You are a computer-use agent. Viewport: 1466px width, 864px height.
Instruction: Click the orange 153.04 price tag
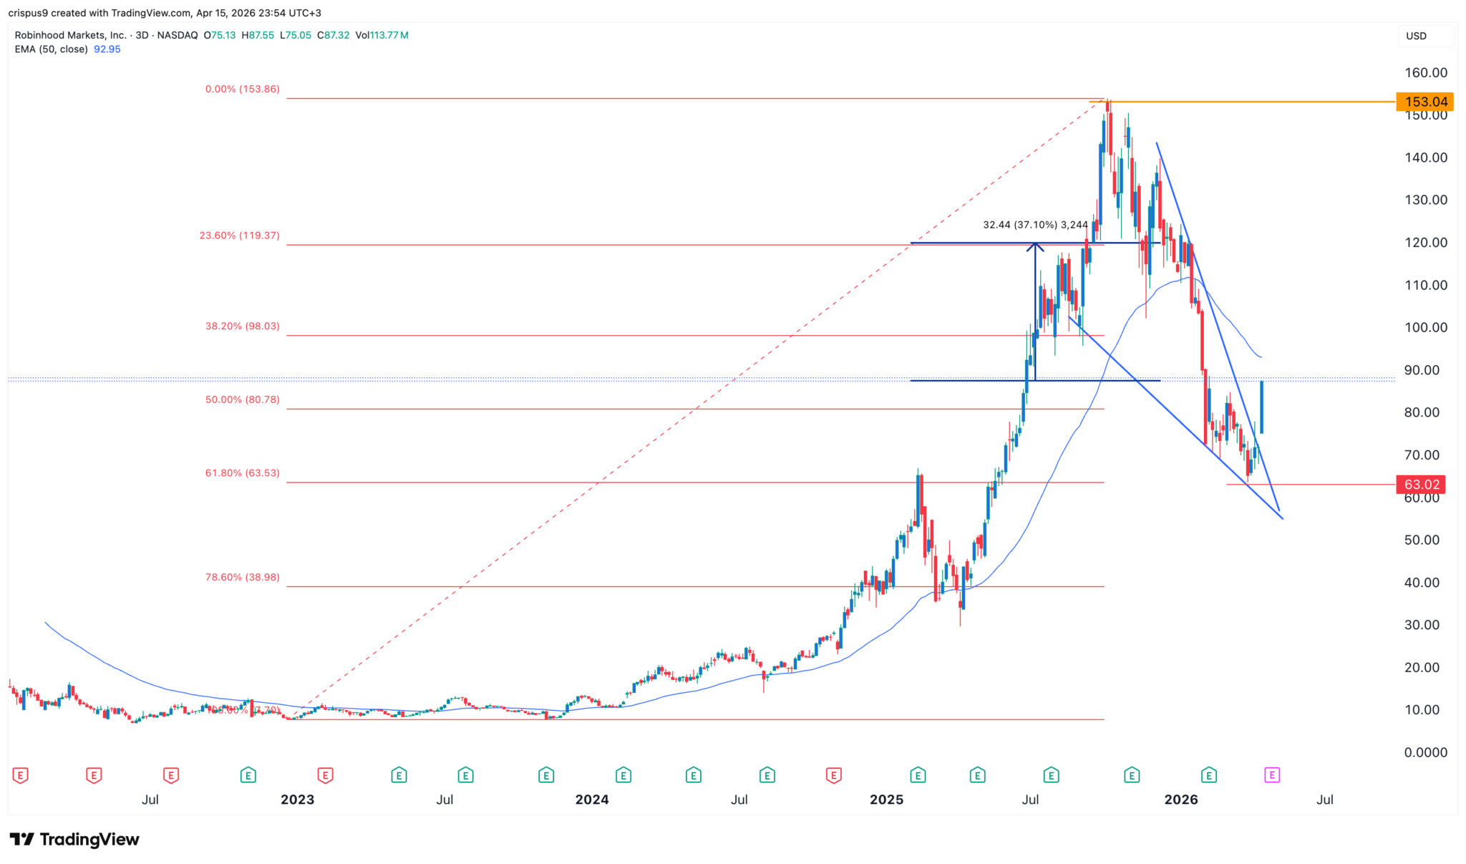1424,102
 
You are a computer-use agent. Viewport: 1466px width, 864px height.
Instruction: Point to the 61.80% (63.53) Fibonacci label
242,473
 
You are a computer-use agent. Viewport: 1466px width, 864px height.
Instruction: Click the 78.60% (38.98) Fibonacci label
242,577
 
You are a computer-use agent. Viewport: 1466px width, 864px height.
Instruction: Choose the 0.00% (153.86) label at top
242,89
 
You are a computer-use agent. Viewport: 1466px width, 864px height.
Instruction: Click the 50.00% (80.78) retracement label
242,399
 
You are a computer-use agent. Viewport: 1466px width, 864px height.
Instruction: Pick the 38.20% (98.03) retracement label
242,326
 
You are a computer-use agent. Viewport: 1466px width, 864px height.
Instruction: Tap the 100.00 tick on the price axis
1425,328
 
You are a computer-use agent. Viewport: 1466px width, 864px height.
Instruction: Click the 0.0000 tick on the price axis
1425,752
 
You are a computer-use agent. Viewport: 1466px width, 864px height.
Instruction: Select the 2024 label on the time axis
592,800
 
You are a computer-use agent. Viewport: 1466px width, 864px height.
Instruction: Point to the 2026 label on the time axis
1180,800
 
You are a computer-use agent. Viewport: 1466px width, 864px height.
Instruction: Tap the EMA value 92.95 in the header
107,49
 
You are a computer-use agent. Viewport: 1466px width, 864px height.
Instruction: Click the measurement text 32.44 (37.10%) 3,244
1035,225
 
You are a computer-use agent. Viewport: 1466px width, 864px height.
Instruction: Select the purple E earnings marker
1271,775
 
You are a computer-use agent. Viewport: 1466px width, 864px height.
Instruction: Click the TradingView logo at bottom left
74,839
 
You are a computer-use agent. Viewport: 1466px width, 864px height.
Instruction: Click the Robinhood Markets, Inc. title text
70,35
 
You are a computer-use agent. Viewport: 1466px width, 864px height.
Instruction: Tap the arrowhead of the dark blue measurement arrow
1035,246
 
